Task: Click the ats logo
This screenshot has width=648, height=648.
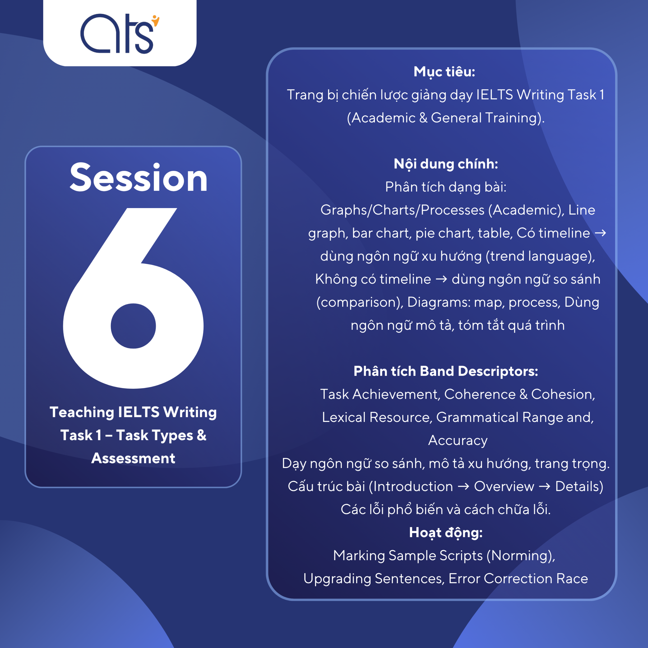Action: [120, 34]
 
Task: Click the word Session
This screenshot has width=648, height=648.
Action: [138, 177]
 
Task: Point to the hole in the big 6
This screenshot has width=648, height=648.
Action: [133, 326]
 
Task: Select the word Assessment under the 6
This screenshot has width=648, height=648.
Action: [133, 458]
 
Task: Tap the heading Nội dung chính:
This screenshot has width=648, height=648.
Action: [446, 164]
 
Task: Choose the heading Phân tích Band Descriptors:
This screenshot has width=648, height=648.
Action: [446, 371]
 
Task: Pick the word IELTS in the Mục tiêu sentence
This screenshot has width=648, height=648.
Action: [495, 95]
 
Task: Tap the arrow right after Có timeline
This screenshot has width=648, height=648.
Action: [600, 233]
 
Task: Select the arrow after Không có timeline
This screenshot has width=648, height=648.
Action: [441, 279]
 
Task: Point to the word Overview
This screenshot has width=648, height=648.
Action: [504, 486]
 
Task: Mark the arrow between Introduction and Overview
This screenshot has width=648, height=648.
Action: [463, 486]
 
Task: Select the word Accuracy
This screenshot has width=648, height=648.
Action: [458, 441]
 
